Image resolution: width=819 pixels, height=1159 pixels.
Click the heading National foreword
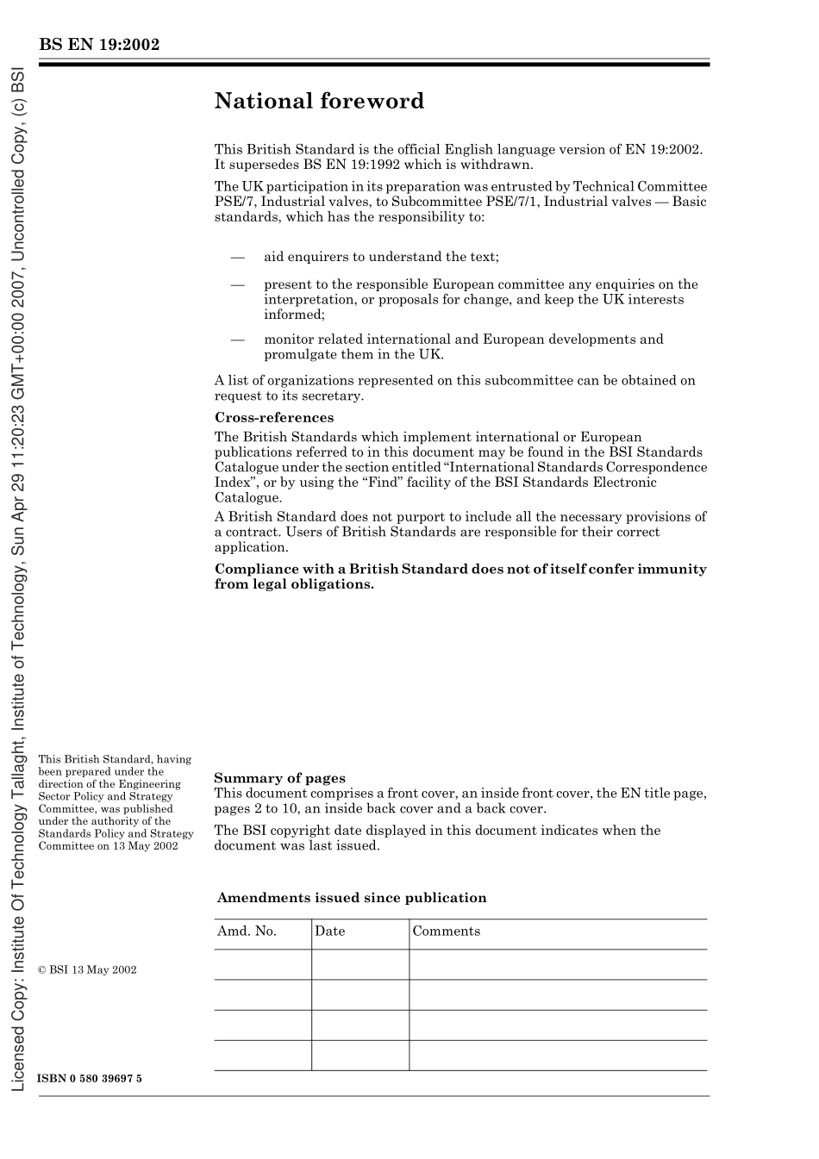(319, 101)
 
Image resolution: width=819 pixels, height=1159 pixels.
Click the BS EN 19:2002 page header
(99, 45)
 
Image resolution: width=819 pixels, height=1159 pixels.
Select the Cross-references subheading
(273, 418)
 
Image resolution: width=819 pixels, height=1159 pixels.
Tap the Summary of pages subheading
(279, 778)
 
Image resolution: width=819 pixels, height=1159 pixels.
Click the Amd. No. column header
(247, 932)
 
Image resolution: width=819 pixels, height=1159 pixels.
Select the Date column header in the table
(329, 932)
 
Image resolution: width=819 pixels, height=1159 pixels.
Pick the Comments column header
(446, 932)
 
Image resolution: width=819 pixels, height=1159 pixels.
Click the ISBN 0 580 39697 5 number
(91, 1079)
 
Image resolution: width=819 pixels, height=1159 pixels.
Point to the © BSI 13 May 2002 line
(88, 969)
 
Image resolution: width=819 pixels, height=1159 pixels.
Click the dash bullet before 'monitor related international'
(237, 340)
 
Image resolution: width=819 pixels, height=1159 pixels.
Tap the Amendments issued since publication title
(352, 898)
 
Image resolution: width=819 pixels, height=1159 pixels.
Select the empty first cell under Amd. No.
(262, 964)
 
